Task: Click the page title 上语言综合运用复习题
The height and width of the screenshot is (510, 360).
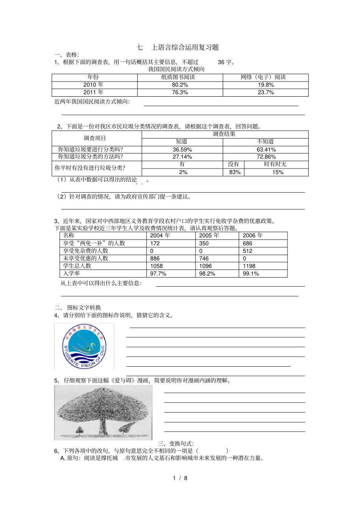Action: point(185,47)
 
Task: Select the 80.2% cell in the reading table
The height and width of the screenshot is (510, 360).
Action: point(180,85)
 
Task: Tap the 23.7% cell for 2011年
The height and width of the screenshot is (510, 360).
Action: point(266,93)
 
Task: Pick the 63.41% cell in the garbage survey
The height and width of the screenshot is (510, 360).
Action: point(266,150)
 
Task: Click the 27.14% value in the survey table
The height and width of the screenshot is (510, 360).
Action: point(182,157)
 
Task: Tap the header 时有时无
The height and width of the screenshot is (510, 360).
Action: point(275,164)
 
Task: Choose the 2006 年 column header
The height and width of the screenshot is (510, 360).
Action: point(253,235)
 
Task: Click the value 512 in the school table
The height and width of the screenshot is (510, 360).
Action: point(247,251)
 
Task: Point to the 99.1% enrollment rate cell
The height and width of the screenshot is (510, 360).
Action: point(251,273)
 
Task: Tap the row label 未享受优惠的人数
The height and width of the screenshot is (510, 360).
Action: point(86,258)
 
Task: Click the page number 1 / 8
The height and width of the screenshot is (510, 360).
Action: point(180,478)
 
